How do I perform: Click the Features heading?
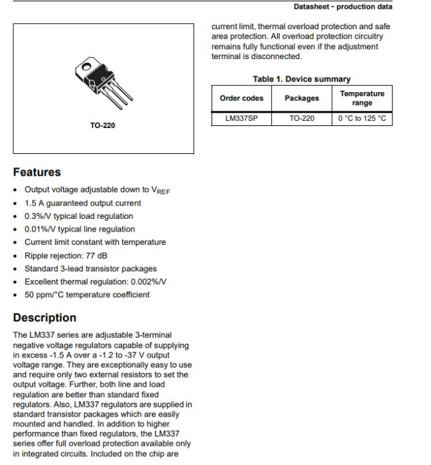pos(37,172)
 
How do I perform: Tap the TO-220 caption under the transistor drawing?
pos(103,124)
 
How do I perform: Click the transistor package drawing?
pos(103,84)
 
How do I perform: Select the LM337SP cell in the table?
pos(236,119)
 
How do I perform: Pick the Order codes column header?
pos(242,98)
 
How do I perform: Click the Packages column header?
pos(302,98)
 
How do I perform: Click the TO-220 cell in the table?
pos(302,119)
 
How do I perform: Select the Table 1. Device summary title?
pos(302,79)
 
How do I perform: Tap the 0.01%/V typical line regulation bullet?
pos(80,229)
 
